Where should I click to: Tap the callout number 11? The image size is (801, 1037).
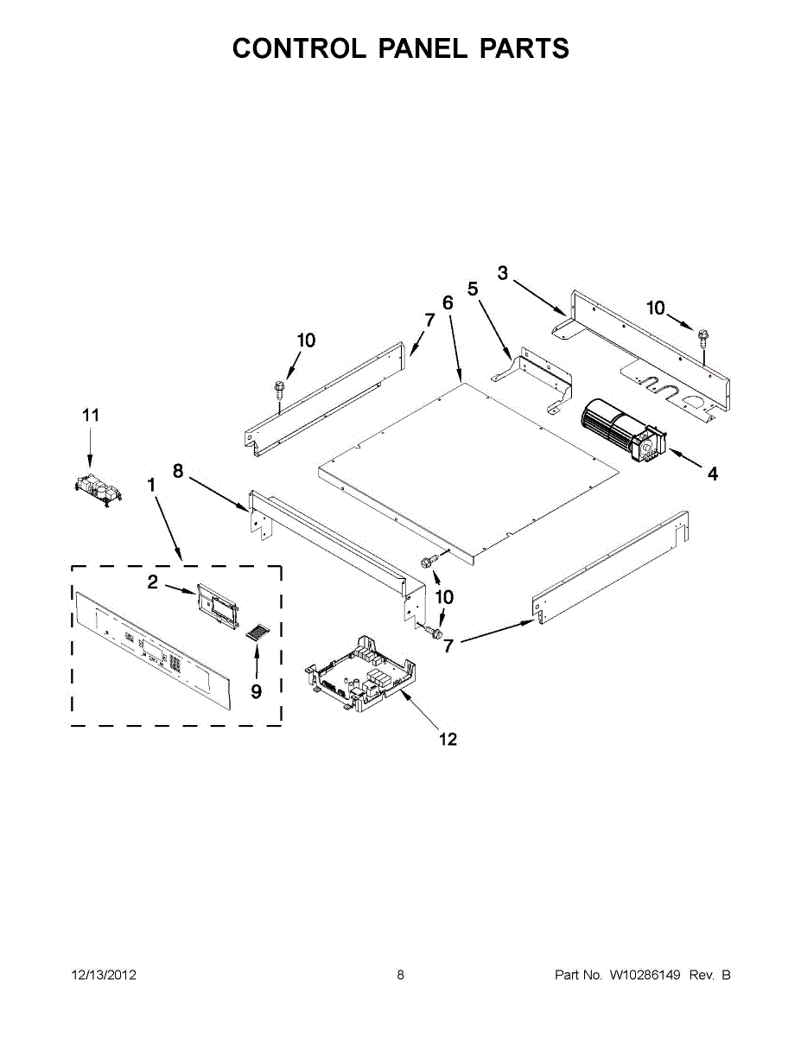click(x=91, y=416)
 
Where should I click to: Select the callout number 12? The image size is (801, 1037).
click(x=448, y=739)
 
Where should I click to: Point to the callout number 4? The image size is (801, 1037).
click(x=712, y=474)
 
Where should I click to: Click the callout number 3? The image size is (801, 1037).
click(x=503, y=273)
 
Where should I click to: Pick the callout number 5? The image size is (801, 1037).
click(x=473, y=289)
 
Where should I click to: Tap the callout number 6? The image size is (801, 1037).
click(x=448, y=302)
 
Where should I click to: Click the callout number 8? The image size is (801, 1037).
click(x=178, y=471)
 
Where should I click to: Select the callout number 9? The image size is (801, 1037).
click(x=257, y=691)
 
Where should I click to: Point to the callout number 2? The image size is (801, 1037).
click(x=152, y=582)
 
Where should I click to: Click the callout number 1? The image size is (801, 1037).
click(x=151, y=486)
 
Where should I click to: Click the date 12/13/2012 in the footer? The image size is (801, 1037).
click(x=104, y=975)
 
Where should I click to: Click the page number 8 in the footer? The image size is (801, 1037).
click(x=400, y=975)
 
